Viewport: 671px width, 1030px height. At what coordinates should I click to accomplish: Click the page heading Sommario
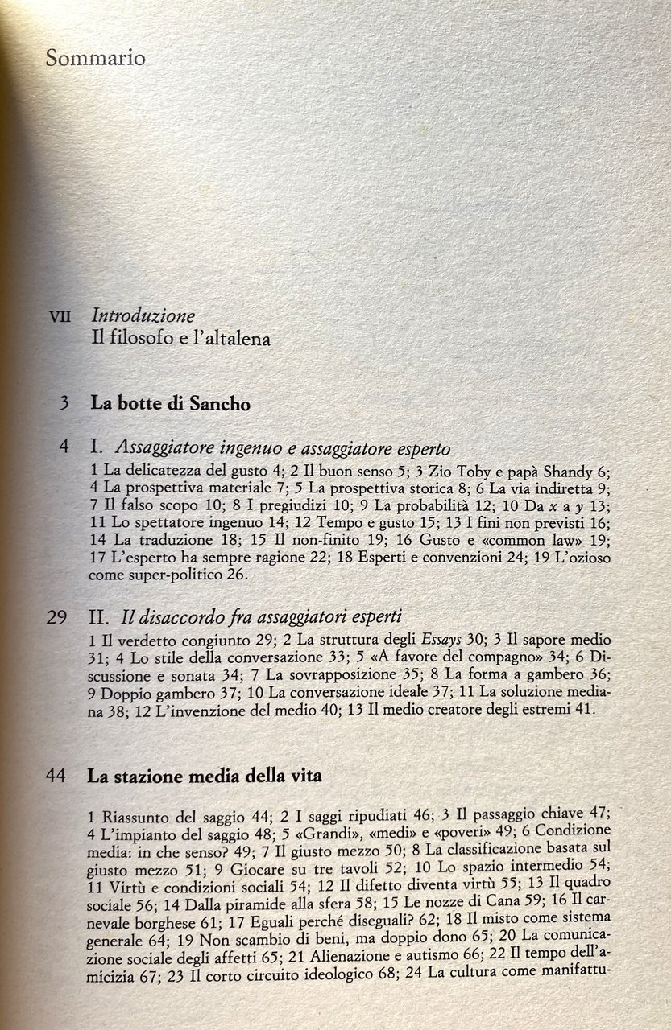tap(95, 58)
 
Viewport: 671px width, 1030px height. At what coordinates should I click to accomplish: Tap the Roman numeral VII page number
tap(60, 317)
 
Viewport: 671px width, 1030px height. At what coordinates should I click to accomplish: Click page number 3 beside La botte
tap(63, 404)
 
